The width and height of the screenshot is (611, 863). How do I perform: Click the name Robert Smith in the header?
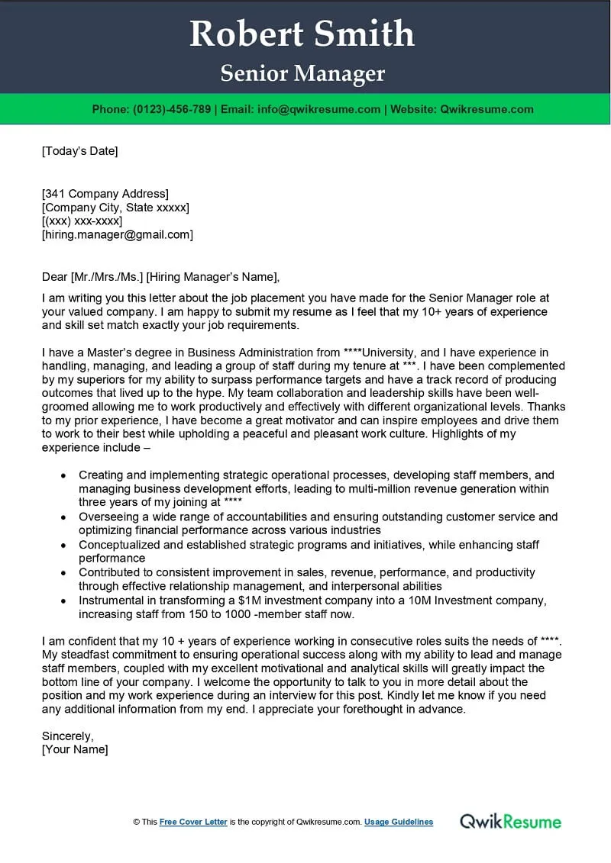[x=302, y=34]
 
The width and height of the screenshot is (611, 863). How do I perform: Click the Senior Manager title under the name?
[x=302, y=74]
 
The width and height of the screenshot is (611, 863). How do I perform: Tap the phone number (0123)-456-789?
[x=172, y=109]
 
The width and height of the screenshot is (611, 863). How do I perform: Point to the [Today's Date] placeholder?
[x=80, y=151]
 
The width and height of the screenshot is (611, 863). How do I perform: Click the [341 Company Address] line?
[x=105, y=194]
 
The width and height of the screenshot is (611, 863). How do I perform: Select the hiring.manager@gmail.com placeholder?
[x=118, y=235]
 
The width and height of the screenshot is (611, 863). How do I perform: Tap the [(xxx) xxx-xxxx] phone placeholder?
[x=82, y=221]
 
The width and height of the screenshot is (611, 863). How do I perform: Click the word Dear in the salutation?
[x=54, y=277]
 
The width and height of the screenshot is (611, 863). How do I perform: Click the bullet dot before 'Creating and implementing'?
[x=64, y=475]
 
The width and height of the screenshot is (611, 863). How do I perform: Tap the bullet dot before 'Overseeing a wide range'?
[x=64, y=517]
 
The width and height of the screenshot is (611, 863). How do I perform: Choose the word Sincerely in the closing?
[x=67, y=736]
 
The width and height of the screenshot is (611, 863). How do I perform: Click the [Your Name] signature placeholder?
[x=75, y=750]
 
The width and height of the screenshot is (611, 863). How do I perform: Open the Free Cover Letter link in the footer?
[x=193, y=822]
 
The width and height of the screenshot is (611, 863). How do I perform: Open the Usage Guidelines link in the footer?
[x=399, y=822]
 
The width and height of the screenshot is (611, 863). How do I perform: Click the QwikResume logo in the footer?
[x=510, y=822]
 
